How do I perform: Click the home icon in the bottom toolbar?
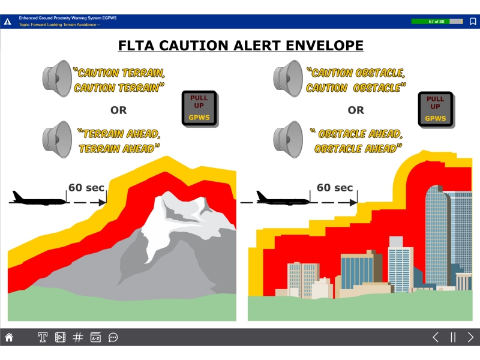(9, 337)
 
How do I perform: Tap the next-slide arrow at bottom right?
(470, 337)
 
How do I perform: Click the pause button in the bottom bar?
(453, 337)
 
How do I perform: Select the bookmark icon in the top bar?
(473, 22)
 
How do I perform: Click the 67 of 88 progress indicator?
(437, 22)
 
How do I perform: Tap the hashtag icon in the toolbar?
(78, 337)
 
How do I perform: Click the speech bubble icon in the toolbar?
(113, 337)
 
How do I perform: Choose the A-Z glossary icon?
(95, 337)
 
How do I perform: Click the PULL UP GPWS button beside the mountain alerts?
(200, 109)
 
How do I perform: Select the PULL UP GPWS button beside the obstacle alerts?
(436, 109)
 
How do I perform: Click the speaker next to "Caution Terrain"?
(57, 79)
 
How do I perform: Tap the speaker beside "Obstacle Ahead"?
(288, 140)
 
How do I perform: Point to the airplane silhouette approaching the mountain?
(39, 199)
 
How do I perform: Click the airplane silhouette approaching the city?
(283, 199)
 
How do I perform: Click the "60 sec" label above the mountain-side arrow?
(86, 187)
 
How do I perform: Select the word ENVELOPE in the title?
(325, 46)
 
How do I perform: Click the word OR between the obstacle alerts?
(356, 110)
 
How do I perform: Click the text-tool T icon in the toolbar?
(43, 337)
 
